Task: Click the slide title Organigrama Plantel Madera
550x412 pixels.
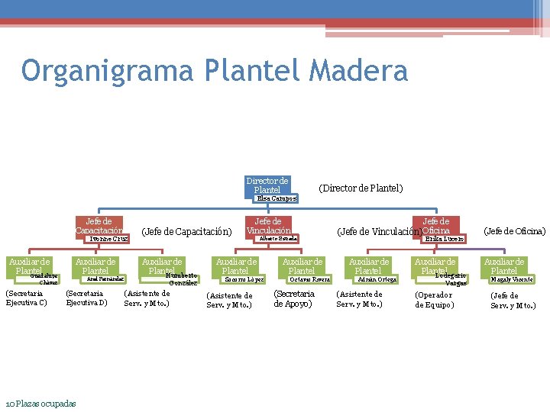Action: click(x=215, y=71)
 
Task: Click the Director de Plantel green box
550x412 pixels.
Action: click(x=267, y=185)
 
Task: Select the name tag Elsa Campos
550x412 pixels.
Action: click(x=277, y=198)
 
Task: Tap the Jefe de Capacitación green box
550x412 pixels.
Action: click(x=99, y=226)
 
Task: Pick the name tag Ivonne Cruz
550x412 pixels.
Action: click(x=108, y=239)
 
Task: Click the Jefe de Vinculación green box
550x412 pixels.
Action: click(x=268, y=226)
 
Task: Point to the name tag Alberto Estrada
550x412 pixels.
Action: click(x=278, y=238)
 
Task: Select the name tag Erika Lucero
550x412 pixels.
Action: click(x=444, y=239)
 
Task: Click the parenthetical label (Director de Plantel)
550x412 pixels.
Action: click(x=361, y=188)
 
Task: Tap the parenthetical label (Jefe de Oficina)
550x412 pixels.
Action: click(x=514, y=230)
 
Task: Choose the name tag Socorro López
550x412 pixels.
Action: click(x=244, y=279)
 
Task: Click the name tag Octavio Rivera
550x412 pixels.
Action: click(x=309, y=279)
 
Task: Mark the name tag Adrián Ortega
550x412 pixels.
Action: click(x=377, y=279)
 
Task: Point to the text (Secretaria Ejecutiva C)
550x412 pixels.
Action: click(x=27, y=298)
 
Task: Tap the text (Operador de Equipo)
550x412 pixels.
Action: click(x=434, y=300)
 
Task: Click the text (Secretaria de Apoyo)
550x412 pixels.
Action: click(x=294, y=298)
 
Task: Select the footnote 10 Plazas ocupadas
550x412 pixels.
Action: click(x=40, y=403)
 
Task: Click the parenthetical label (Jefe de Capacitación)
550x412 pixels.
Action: click(x=187, y=231)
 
